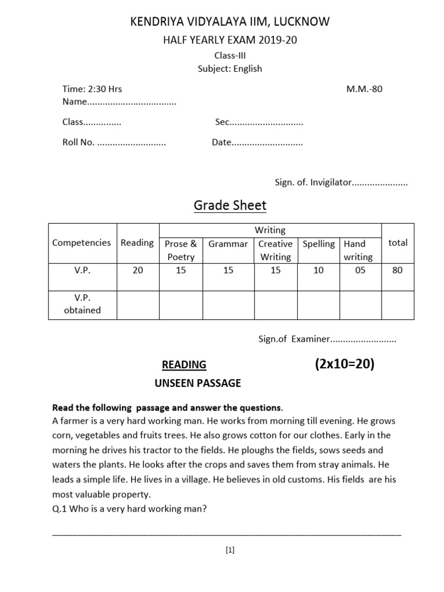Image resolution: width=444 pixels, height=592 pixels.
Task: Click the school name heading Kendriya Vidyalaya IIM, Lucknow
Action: tap(230, 22)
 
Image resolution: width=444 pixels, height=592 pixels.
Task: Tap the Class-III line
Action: tap(230, 55)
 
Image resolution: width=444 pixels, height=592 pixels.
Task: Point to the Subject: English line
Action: tap(230, 68)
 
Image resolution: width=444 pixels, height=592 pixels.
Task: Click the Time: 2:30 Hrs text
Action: tap(92, 89)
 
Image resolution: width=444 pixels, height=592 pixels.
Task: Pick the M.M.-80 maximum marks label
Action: tap(364, 89)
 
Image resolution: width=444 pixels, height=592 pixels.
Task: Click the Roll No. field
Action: tap(114, 142)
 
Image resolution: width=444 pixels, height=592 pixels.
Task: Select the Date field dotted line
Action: tap(257, 142)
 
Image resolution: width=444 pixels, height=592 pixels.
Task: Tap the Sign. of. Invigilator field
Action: tap(341, 182)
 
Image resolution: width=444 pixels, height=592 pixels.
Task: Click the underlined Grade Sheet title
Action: tap(230, 206)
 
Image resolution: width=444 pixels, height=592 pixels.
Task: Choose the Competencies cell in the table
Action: tap(82, 243)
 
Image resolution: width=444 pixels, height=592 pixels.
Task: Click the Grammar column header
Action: tap(228, 244)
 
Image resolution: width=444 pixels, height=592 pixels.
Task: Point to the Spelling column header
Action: tap(319, 244)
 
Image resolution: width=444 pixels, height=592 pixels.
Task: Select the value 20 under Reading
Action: tap(138, 270)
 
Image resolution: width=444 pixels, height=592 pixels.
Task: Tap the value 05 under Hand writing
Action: tap(360, 270)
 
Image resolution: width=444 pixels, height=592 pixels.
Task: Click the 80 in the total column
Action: tap(397, 270)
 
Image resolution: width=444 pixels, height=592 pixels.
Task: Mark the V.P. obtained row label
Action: tap(83, 304)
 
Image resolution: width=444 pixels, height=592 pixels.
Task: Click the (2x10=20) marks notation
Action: tap(345, 364)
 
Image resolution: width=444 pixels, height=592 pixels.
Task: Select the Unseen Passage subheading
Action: tap(198, 383)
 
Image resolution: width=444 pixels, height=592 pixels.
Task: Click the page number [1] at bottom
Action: tap(230, 550)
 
